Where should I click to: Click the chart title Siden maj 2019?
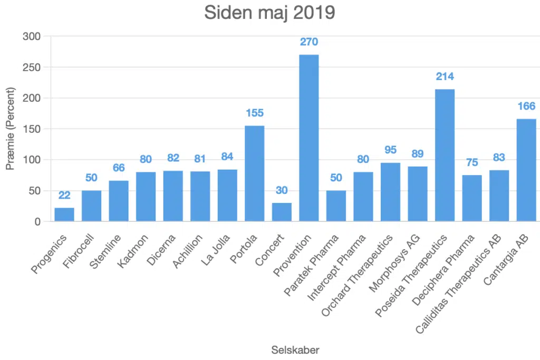269,13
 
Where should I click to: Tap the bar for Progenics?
64,215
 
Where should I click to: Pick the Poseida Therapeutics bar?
445,155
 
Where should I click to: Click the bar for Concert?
282,212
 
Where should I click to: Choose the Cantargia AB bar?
526,170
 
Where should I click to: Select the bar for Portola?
254,173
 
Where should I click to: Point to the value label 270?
309,42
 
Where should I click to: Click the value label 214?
445,76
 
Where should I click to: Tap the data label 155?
254,113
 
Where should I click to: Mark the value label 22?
64,195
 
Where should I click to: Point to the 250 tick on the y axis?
32,67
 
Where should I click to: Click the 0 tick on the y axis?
37,222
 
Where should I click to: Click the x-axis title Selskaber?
295,349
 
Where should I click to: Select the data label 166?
526,106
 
